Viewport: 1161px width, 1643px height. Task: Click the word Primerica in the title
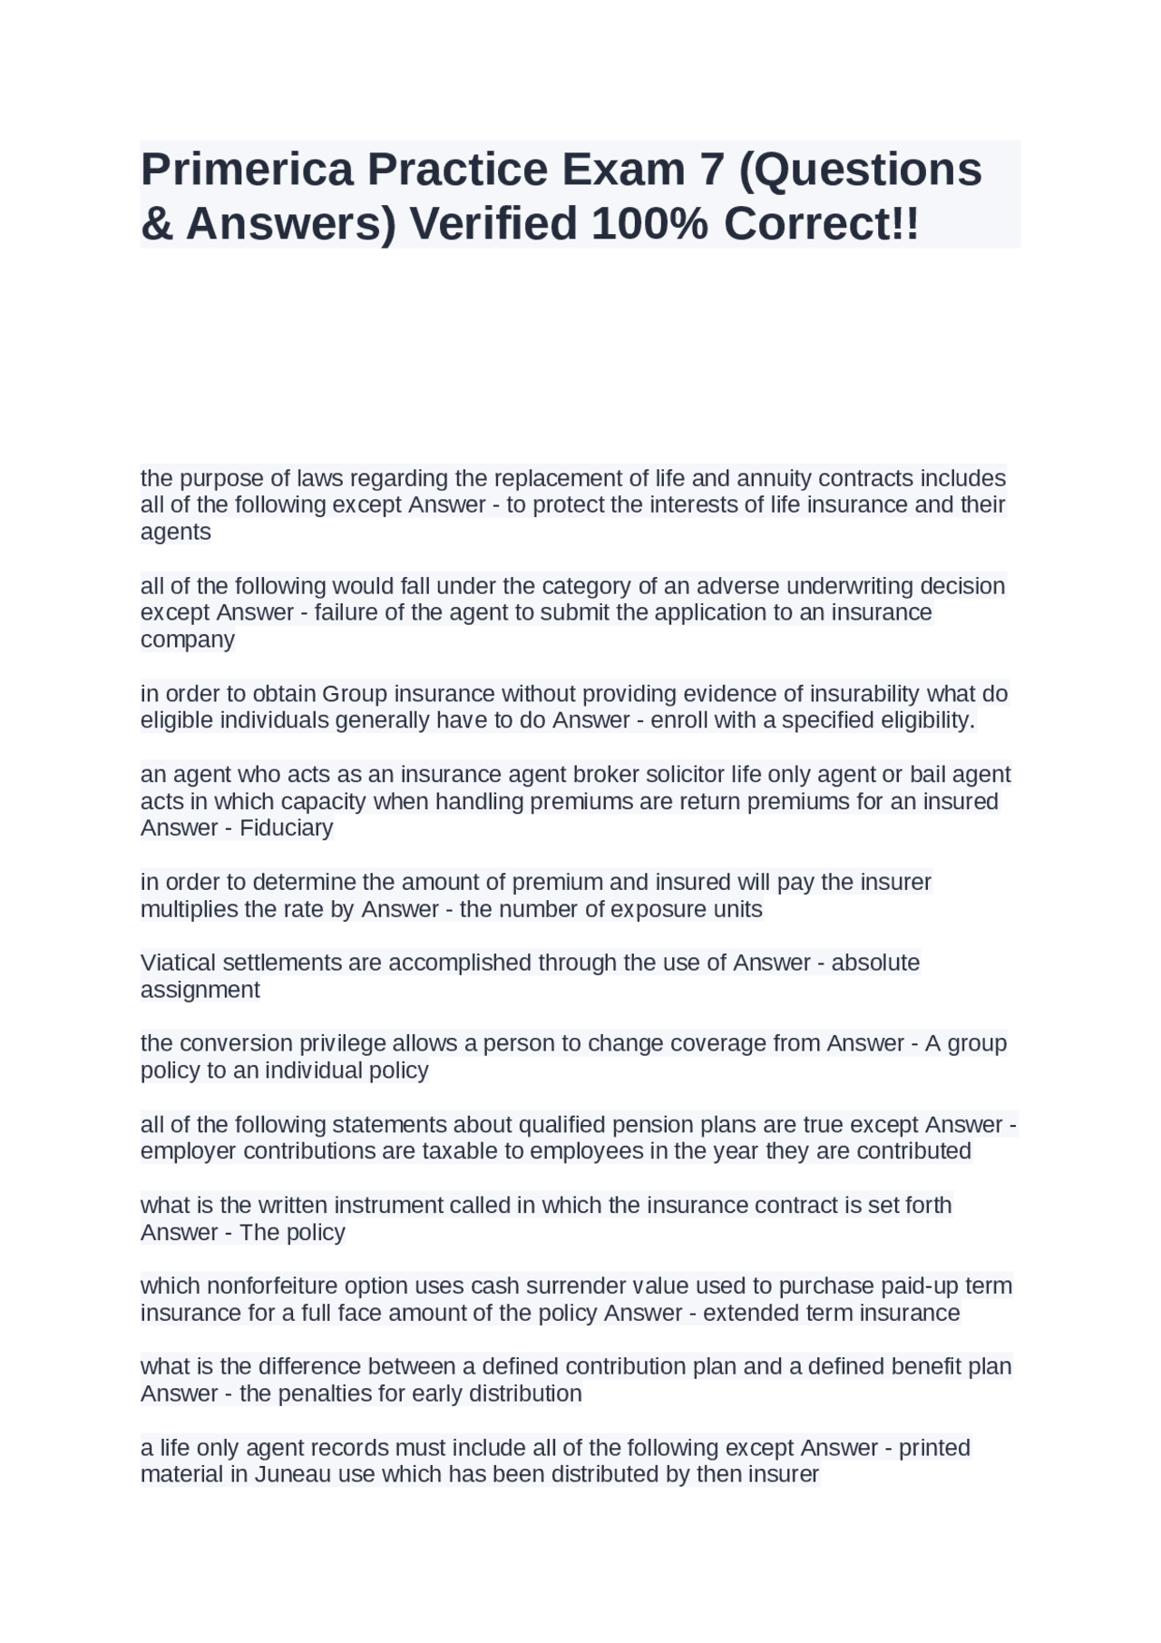click(247, 170)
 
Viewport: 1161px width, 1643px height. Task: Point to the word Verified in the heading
click(493, 224)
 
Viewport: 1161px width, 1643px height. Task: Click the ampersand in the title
click(157, 224)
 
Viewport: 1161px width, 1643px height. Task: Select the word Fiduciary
click(287, 828)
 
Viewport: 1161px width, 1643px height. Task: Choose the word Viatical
click(180, 963)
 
